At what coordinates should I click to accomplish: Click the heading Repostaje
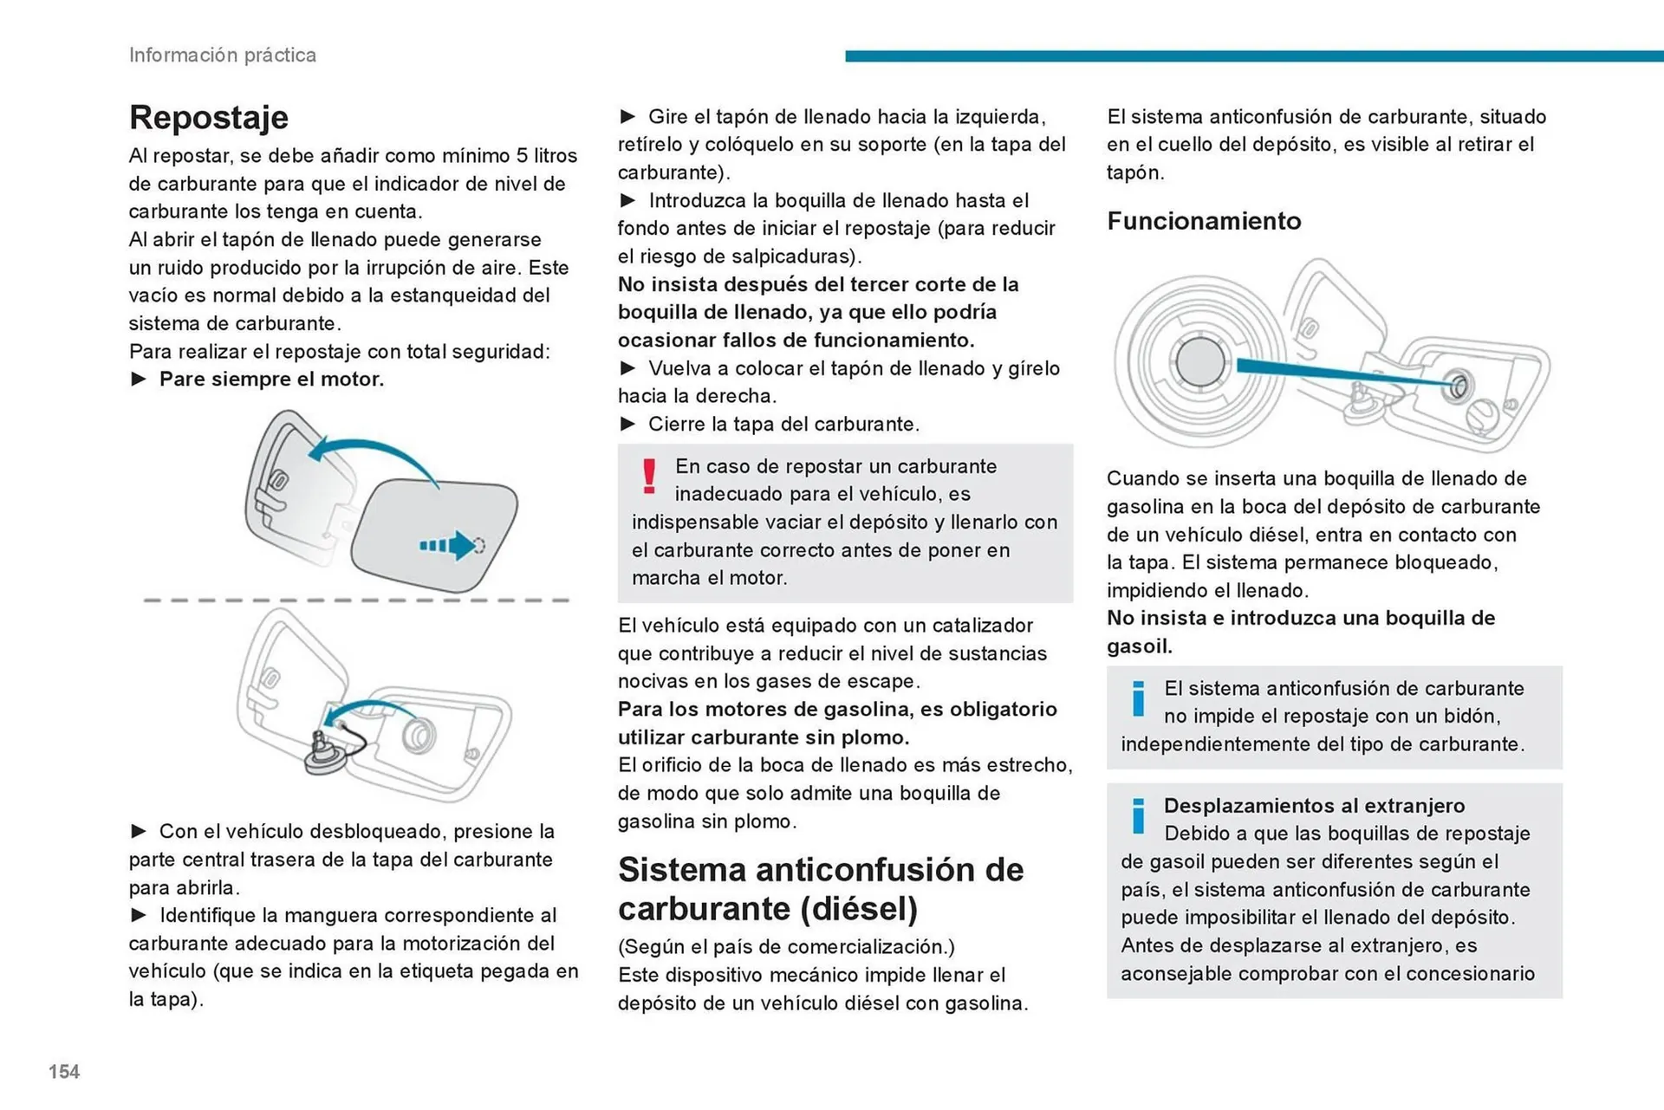click(x=208, y=117)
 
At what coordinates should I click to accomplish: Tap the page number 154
click(x=64, y=1072)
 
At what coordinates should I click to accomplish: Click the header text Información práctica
click(x=222, y=55)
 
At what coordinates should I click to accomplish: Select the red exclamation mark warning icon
click(x=649, y=477)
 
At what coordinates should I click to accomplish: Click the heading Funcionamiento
click(x=1204, y=221)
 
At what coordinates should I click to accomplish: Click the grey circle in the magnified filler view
click(x=1200, y=361)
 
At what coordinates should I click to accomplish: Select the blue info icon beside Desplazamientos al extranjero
click(x=1138, y=815)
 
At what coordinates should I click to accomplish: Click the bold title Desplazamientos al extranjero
click(x=1314, y=805)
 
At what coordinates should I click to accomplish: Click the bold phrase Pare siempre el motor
click(x=271, y=379)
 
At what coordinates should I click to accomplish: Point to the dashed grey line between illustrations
click(x=355, y=600)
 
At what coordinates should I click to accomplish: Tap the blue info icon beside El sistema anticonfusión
click(x=1138, y=698)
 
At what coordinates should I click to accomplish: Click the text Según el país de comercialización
click(x=785, y=946)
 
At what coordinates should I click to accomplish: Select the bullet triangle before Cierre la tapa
click(x=628, y=424)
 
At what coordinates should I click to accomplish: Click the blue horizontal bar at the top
click(x=1253, y=56)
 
